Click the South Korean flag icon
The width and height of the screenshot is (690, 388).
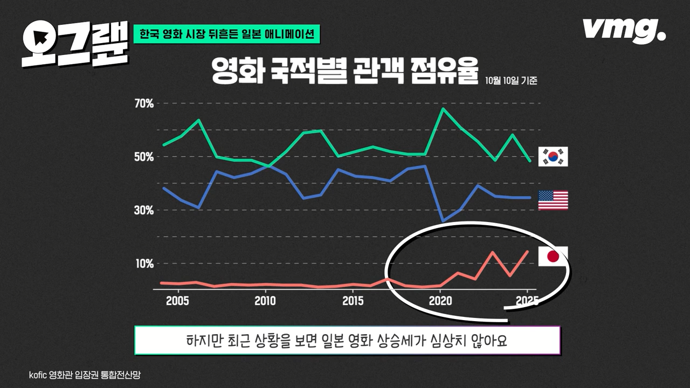pyautogui.click(x=553, y=156)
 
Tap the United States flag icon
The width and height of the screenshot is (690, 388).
pyautogui.click(x=553, y=200)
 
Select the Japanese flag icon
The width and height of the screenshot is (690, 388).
pyautogui.click(x=553, y=257)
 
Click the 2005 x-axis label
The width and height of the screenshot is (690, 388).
pyautogui.click(x=177, y=301)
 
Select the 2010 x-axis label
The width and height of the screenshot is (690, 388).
pyautogui.click(x=265, y=301)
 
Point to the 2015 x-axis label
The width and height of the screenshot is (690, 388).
pyautogui.click(x=353, y=301)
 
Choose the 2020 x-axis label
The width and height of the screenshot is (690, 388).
pyautogui.click(x=440, y=301)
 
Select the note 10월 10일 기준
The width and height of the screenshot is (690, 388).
pyautogui.click(x=510, y=81)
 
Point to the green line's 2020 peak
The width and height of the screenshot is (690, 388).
pyautogui.click(x=443, y=109)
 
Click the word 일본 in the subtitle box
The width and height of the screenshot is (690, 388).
pyautogui.click(x=332, y=341)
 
